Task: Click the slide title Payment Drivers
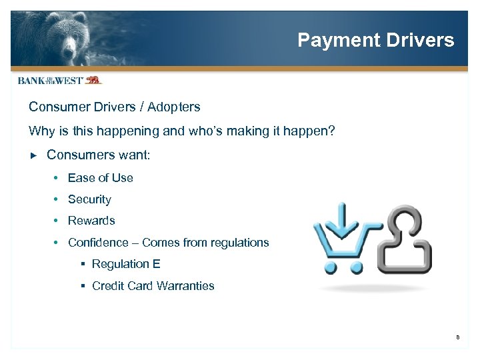[375, 40]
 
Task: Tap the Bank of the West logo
[59, 80]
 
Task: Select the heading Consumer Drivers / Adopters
[114, 107]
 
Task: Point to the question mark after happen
[331, 131]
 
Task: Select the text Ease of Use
[100, 178]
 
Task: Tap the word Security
[89, 199]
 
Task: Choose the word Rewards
[91, 221]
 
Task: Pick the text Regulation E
[126, 264]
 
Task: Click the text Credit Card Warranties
[153, 286]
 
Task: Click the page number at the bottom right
[458, 337]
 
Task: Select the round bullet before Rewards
[59, 221]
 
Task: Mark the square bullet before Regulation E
[83, 265]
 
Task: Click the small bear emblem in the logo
[93, 80]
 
